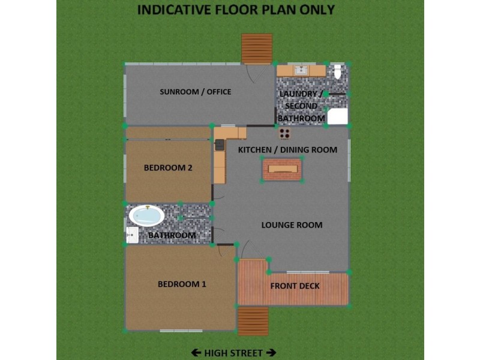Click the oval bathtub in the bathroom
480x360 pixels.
click(147, 215)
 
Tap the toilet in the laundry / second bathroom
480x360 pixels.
click(338, 72)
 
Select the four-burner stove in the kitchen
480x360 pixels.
click(284, 133)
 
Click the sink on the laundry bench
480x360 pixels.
click(301, 71)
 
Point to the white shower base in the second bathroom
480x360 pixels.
click(337, 116)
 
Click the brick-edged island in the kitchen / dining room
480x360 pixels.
click(282, 169)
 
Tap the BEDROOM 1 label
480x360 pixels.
click(182, 284)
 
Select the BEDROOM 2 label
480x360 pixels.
click(168, 168)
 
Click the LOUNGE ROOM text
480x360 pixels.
click(292, 226)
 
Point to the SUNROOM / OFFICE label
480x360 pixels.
click(195, 92)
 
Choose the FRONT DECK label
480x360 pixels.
click(295, 286)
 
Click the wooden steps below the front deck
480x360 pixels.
click(253, 321)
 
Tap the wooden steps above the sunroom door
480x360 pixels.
click(257, 48)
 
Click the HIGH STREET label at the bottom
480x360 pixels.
click(233, 353)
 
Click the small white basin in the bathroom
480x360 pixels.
click(132, 236)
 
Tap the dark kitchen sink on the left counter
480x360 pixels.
click(220, 145)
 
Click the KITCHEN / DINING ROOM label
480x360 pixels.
click(287, 149)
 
